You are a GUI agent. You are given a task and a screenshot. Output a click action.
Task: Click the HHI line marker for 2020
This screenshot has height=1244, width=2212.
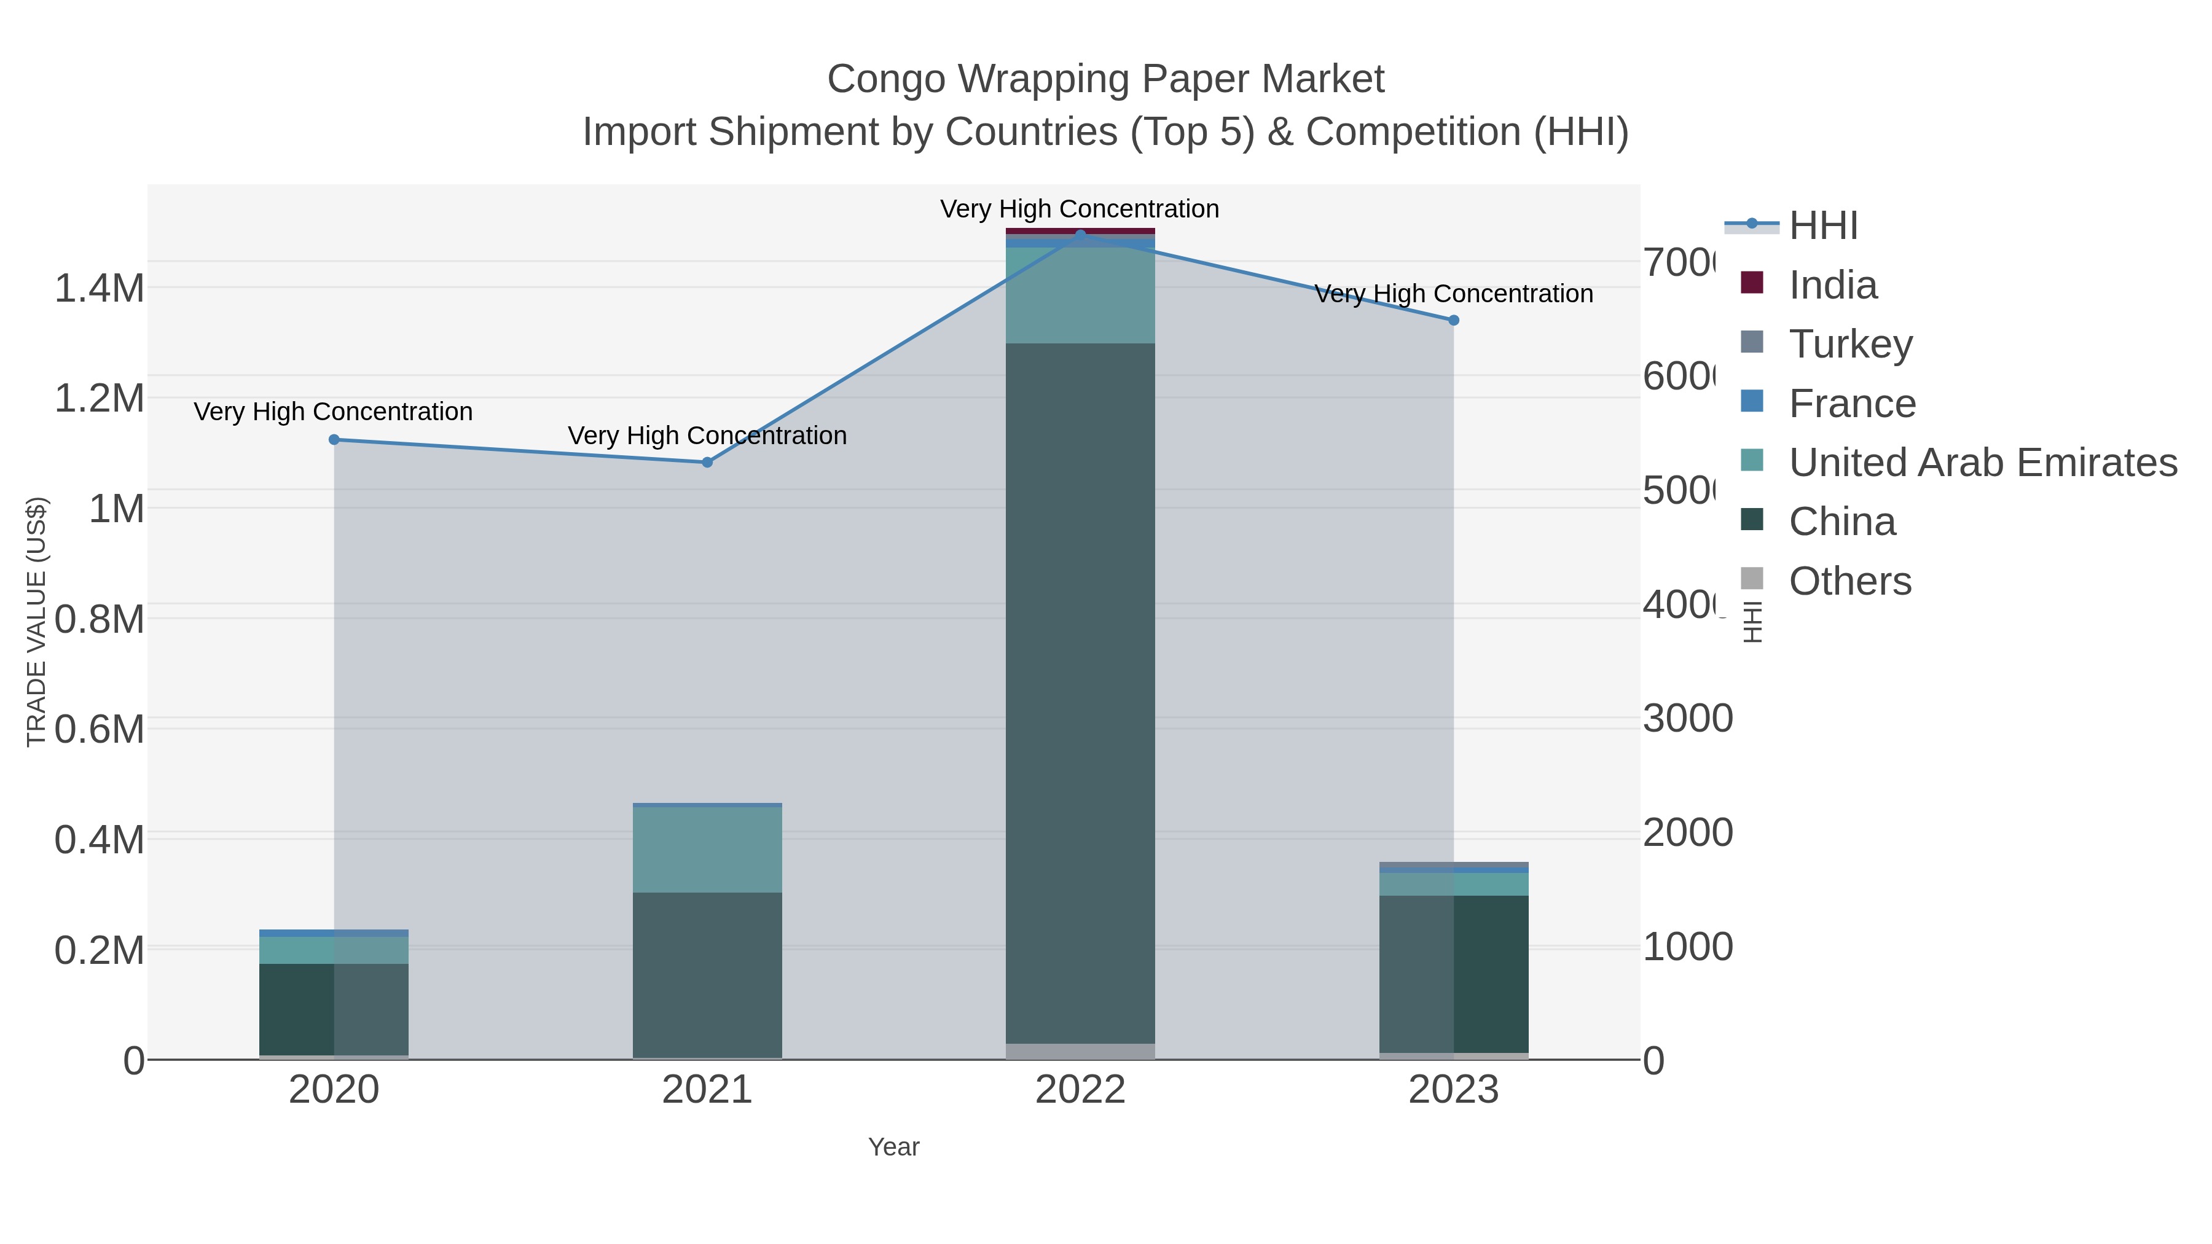click(x=334, y=440)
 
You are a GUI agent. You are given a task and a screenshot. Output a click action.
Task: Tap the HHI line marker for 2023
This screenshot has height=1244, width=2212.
click(x=1453, y=320)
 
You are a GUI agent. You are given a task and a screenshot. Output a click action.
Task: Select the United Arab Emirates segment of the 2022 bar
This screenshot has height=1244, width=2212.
click(x=1080, y=295)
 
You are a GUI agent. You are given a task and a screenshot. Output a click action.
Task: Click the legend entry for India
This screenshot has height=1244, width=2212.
click(x=1832, y=285)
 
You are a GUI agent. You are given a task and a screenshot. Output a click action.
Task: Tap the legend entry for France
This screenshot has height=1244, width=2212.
click(x=1851, y=404)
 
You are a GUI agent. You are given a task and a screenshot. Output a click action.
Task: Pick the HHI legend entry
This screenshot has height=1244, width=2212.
click(x=1822, y=226)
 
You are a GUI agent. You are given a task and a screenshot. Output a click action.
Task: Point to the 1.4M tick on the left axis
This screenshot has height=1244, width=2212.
click(x=100, y=289)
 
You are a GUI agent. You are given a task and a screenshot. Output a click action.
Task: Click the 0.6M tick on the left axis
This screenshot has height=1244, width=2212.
click(x=100, y=730)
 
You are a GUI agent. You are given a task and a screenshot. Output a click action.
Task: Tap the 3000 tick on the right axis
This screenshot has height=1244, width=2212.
click(x=1687, y=719)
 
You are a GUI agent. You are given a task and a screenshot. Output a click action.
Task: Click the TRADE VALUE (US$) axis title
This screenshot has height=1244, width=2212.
click(x=36, y=622)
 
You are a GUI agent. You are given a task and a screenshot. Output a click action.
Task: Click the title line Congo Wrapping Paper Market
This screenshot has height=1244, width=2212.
click(x=1105, y=79)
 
